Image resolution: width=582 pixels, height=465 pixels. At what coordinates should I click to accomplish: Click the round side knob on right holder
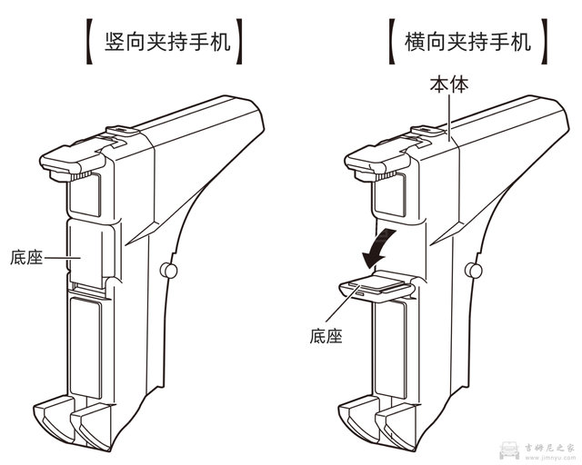click(472, 270)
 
